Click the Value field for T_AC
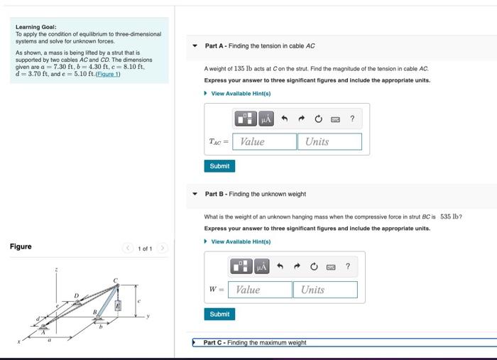point(265,141)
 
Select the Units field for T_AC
point(329,141)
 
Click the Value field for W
point(261,290)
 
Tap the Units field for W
point(325,290)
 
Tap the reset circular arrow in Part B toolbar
point(313,267)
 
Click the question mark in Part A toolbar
point(352,119)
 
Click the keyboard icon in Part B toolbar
point(330,267)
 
